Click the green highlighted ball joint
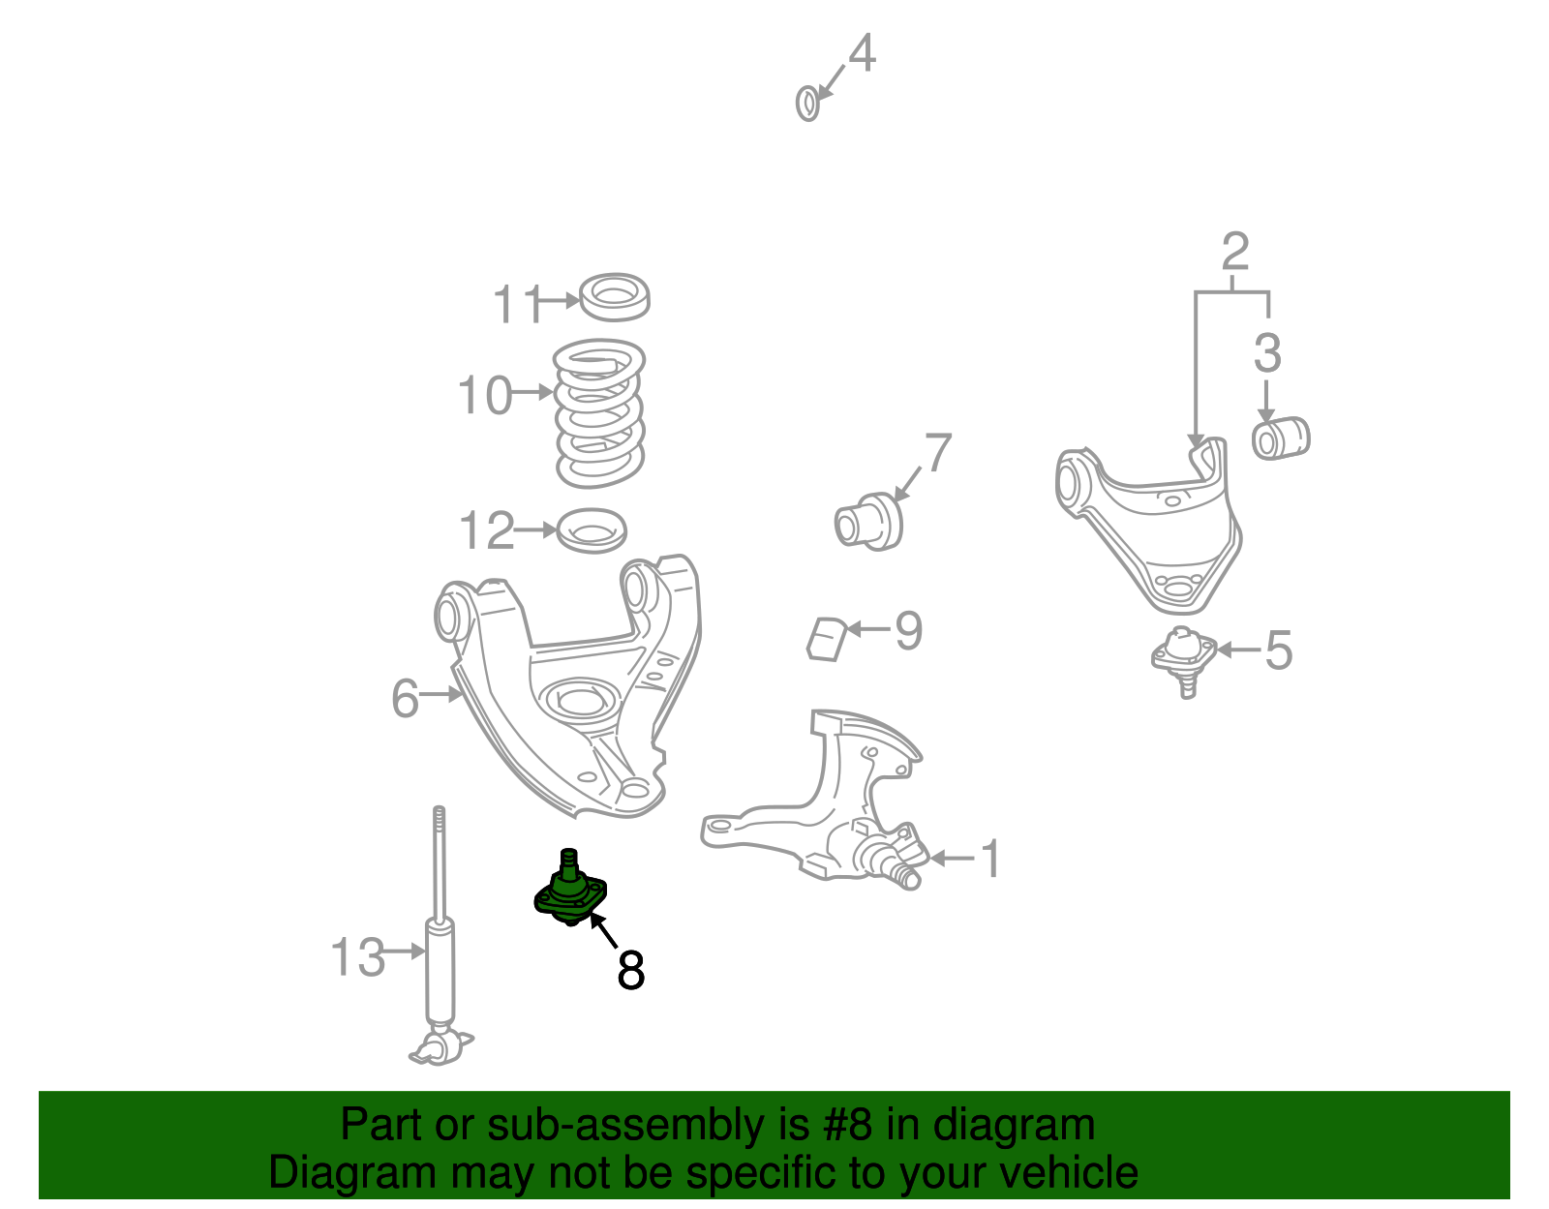(x=569, y=891)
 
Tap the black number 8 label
(x=631, y=970)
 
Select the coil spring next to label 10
(x=599, y=413)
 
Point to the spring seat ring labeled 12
(x=591, y=530)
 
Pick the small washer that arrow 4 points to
(x=807, y=104)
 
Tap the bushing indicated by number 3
(x=1281, y=438)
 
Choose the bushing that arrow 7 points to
(x=868, y=522)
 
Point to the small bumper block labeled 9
(x=827, y=639)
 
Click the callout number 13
(x=358, y=956)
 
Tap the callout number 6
(x=405, y=698)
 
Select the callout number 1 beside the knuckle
(x=990, y=859)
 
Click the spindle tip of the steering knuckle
(x=909, y=878)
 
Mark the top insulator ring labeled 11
(x=615, y=296)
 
